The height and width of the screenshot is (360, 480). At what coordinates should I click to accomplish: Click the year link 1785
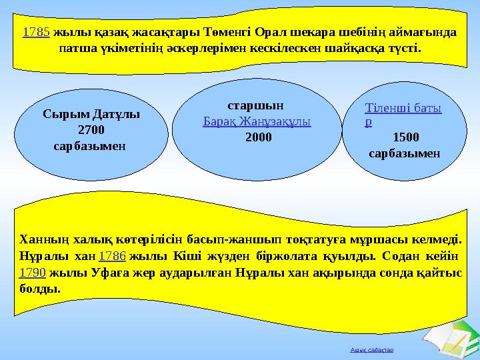[x=36, y=33]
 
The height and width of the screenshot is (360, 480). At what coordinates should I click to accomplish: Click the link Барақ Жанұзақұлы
[x=257, y=123]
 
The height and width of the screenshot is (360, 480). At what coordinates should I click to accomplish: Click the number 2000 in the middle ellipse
[x=258, y=137]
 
